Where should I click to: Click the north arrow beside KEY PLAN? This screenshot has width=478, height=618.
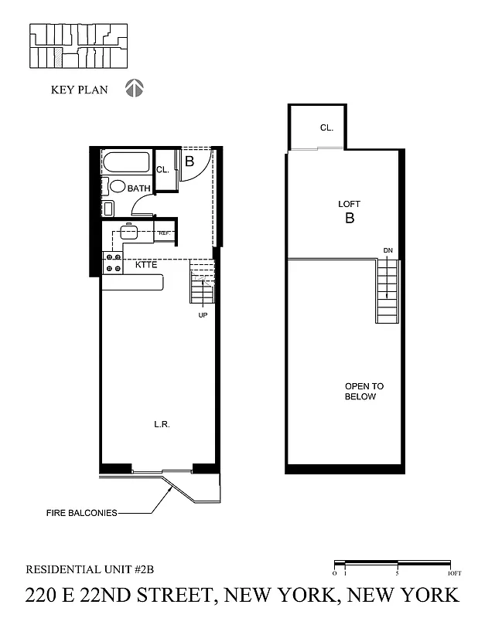pos(135,89)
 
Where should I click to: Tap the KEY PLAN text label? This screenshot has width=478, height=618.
pos(77,90)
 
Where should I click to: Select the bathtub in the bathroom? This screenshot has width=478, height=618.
pos(127,164)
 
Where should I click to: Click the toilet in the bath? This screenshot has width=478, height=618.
pos(118,186)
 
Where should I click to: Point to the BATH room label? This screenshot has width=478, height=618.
pos(139,188)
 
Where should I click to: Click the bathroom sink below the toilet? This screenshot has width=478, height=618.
pos(108,207)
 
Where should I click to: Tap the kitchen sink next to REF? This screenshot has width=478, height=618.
pos(129,231)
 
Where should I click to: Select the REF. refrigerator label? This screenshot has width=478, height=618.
pos(164,233)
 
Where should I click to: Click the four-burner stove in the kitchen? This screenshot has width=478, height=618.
pos(113,263)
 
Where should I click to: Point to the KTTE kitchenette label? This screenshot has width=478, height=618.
pos(148,265)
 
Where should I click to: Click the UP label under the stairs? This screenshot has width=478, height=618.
pos(203,315)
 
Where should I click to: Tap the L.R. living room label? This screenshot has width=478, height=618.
pos(162,424)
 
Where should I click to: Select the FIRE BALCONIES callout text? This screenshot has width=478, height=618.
pos(80,512)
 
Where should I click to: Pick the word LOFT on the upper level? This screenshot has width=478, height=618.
pos(350,204)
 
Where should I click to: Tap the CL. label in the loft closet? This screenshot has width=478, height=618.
pos(326,127)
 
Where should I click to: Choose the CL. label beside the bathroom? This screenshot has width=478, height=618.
pos(162,170)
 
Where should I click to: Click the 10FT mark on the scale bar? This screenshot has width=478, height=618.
pos(453,572)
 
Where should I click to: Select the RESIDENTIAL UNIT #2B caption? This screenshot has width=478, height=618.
pos(90,569)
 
